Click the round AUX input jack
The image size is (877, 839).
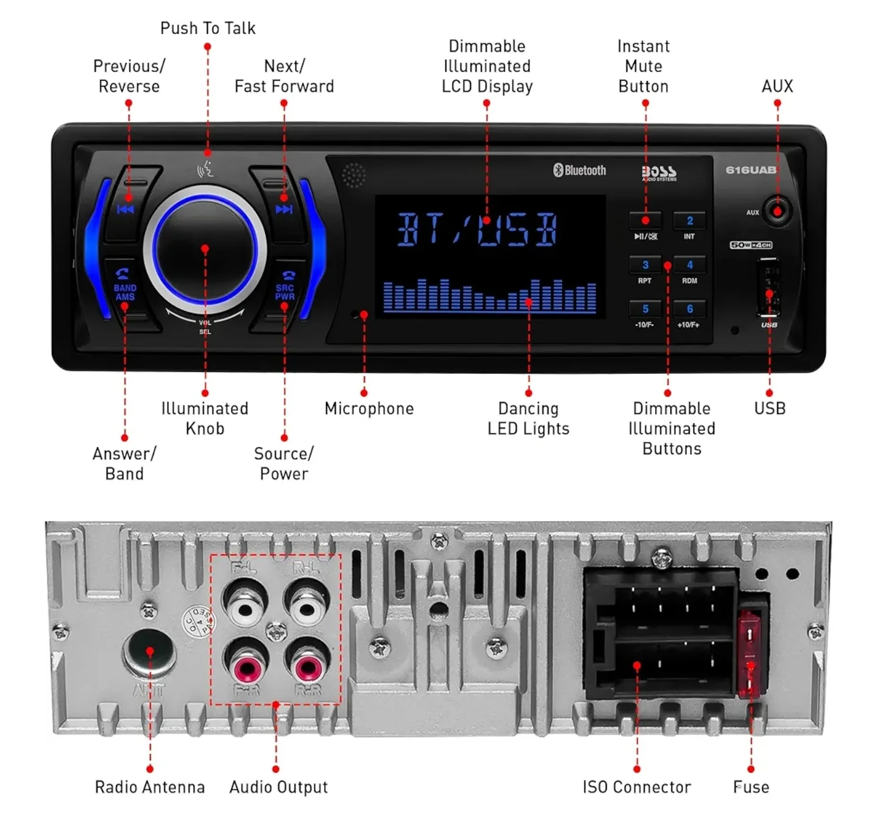click(777, 212)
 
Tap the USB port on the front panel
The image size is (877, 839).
click(769, 287)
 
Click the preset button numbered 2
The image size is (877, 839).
click(689, 221)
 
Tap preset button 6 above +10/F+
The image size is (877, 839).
click(689, 309)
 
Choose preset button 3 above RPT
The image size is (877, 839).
click(645, 265)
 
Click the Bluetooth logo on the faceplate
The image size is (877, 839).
click(579, 171)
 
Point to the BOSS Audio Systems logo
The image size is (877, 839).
click(659, 173)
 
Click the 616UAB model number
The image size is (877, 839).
click(750, 170)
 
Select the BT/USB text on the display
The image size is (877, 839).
click(477, 230)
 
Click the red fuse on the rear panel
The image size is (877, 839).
click(751, 654)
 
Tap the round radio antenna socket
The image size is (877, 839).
click(149, 651)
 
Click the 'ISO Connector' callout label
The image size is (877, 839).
click(636, 787)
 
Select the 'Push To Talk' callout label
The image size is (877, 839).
click(208, 28)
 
